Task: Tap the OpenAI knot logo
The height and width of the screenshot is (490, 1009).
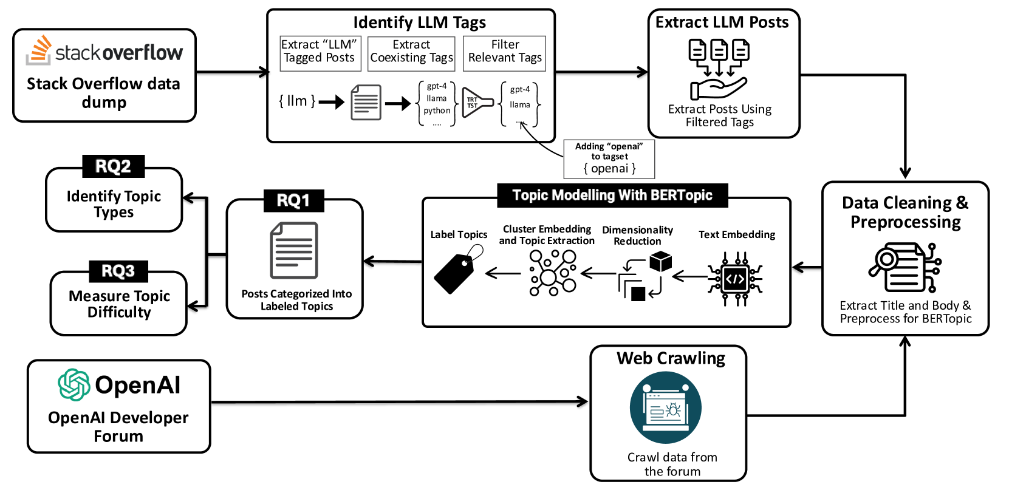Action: click(74, 385)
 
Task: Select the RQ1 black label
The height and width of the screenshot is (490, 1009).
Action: click(293, 200)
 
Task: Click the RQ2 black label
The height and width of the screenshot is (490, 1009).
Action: click(113, 166)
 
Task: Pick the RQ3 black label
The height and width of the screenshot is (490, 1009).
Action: click(118, 271)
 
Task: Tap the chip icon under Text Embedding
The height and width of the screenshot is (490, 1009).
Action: click(735, 279)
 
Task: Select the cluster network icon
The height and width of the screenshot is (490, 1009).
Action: click(552, 273)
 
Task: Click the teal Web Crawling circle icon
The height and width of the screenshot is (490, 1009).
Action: click(665, 408)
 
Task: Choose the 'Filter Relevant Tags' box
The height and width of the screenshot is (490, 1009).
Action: click(504, 52)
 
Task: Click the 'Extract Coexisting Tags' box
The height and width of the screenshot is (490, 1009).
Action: click(411, 52)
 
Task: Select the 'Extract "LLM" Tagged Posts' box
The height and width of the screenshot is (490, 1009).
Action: click(320, 52)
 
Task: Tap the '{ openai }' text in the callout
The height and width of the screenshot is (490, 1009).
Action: click(609, 169)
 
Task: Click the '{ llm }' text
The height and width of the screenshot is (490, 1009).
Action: click(296, 101)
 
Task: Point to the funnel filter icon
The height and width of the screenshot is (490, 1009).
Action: click(477, 103)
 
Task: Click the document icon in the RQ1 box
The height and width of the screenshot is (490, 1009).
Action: click(294, 250)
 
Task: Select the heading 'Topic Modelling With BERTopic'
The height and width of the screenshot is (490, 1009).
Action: click(612, 196)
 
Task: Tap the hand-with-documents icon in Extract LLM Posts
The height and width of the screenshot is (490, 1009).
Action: click(719, 69)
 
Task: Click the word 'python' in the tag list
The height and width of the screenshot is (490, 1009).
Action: click(437, 111)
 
